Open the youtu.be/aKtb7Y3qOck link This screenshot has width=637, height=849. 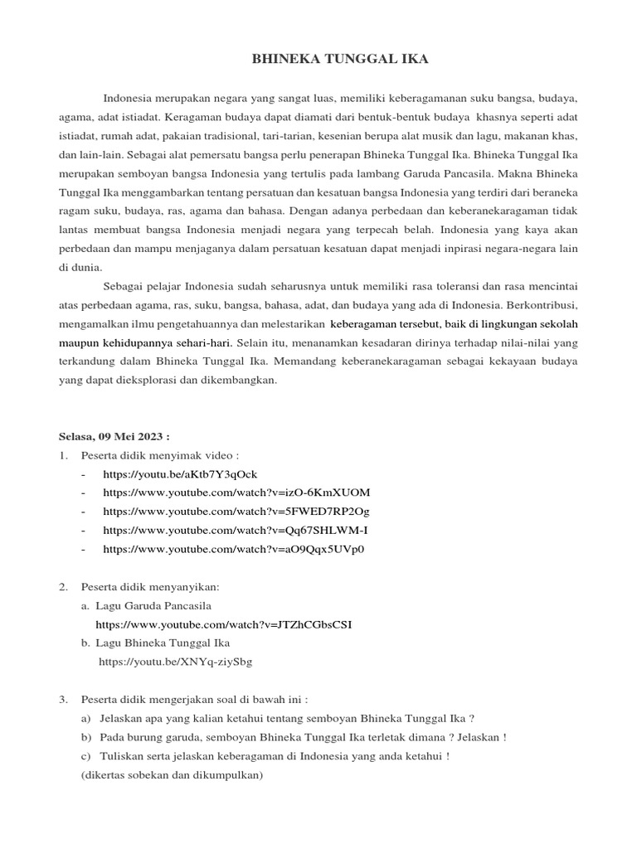[x=180, y=473]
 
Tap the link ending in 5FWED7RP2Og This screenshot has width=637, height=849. [x=236, y=511]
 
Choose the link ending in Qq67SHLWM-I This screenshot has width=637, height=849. [x=236, y=530]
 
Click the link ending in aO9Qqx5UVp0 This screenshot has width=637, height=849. [x=234, y=549]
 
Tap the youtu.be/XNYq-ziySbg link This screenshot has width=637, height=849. [x=176, y=662]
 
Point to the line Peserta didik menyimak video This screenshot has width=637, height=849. [x=159, y=455]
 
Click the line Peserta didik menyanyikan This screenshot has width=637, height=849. [x=150, y=586]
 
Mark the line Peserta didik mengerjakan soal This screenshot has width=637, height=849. [x=194, y=700]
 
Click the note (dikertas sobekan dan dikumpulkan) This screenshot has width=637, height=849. [x=168, y=775]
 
